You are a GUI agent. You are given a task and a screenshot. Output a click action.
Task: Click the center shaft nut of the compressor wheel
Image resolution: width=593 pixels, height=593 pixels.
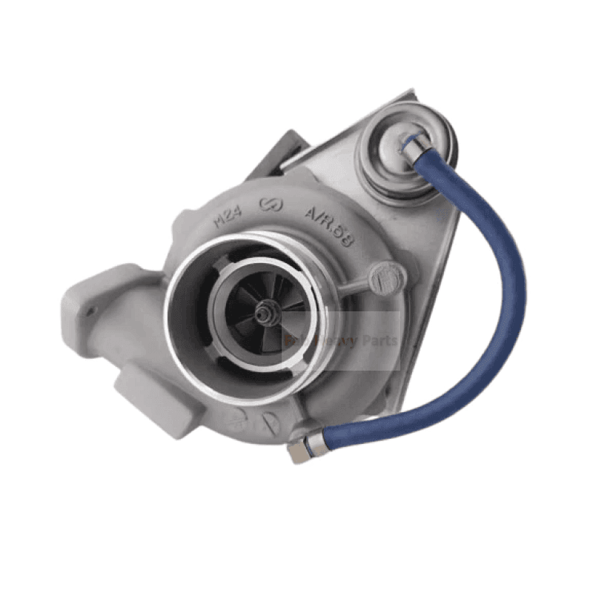pos(264,314)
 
